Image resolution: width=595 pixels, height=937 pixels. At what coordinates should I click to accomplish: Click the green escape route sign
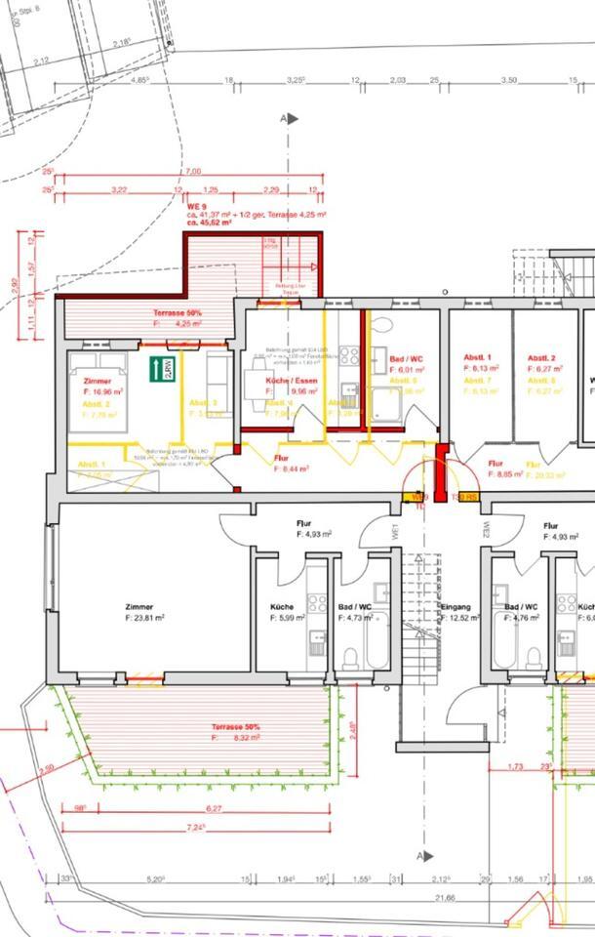[161, 369]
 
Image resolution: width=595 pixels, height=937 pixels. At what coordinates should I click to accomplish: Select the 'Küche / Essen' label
[289, 382]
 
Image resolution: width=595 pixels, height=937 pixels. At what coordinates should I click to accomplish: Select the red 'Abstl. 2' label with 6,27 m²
[543, 358]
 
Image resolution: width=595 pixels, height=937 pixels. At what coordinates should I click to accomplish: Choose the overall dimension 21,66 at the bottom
[447, 899]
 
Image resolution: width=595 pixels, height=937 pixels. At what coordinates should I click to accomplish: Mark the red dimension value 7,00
[192, 172]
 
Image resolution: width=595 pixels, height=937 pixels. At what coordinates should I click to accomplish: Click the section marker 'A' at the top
[284, 118]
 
